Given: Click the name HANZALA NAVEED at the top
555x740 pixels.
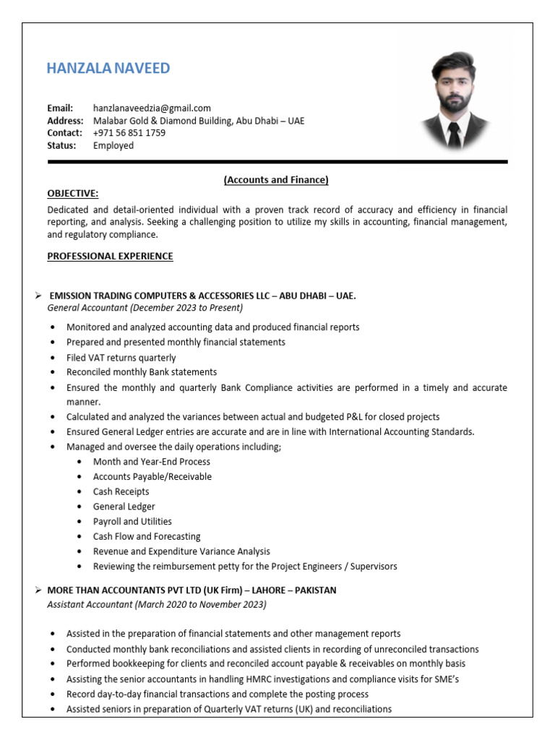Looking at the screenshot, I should (108, 69).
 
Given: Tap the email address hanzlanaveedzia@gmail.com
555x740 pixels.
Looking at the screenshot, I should (152, 108).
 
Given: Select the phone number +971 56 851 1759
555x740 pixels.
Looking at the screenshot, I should (129, 133).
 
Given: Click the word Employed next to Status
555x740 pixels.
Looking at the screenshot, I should (113, 145).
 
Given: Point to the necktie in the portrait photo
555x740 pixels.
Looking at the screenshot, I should (453, 134).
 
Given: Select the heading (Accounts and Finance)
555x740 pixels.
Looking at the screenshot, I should (276, 179).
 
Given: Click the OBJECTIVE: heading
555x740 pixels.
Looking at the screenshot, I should (72, 194).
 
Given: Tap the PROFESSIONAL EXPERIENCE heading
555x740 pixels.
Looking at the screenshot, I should (110, 256).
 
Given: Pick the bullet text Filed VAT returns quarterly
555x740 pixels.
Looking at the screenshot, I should (121, 358).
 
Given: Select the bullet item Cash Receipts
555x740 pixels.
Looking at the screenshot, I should (121, 491).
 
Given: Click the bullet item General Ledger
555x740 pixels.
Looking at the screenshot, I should (124, 507).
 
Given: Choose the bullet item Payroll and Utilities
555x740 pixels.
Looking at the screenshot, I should (132, 521).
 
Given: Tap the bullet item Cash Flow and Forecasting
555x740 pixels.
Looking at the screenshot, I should (147, 536).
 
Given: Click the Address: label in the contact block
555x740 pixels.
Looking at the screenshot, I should (65, 121).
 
